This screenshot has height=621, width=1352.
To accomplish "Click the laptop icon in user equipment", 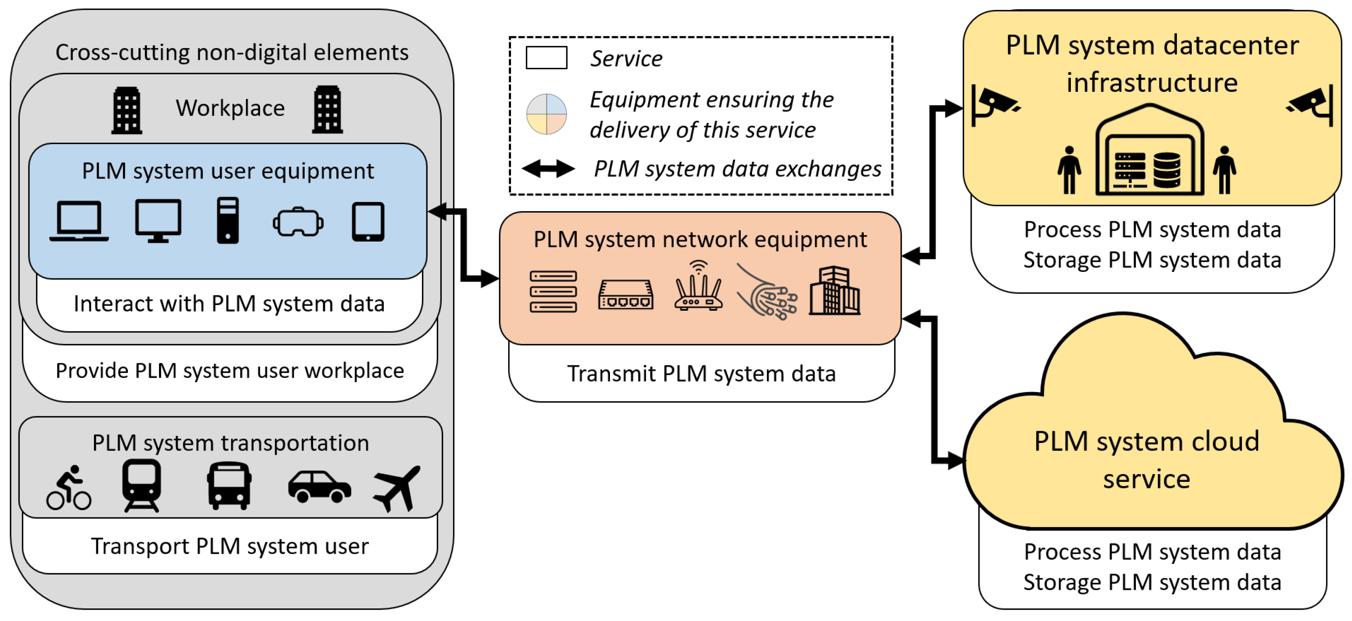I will (x=79, y=221).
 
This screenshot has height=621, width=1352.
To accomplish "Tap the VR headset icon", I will (x=298, y=223).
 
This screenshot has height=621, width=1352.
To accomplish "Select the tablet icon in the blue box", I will (x=367, y=222).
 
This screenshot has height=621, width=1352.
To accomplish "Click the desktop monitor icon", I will (x=158, y=220).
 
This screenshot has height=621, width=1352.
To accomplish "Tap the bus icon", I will (x=229, y=485).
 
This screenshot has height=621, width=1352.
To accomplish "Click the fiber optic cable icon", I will (x=767, y=292).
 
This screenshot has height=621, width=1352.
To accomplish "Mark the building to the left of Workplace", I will (x=127, y=110).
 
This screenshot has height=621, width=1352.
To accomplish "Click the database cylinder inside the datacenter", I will (x=1167, y=170).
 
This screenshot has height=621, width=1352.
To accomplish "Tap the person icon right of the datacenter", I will (x=1225, y=170).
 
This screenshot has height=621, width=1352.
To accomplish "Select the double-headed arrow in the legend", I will (x=548, y=169).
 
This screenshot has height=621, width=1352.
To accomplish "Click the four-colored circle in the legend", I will (x=547, y=114).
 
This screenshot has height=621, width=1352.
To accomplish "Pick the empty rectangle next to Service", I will (x=547, y=58).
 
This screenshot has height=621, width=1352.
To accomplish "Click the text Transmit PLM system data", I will (x=701, y=374).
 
